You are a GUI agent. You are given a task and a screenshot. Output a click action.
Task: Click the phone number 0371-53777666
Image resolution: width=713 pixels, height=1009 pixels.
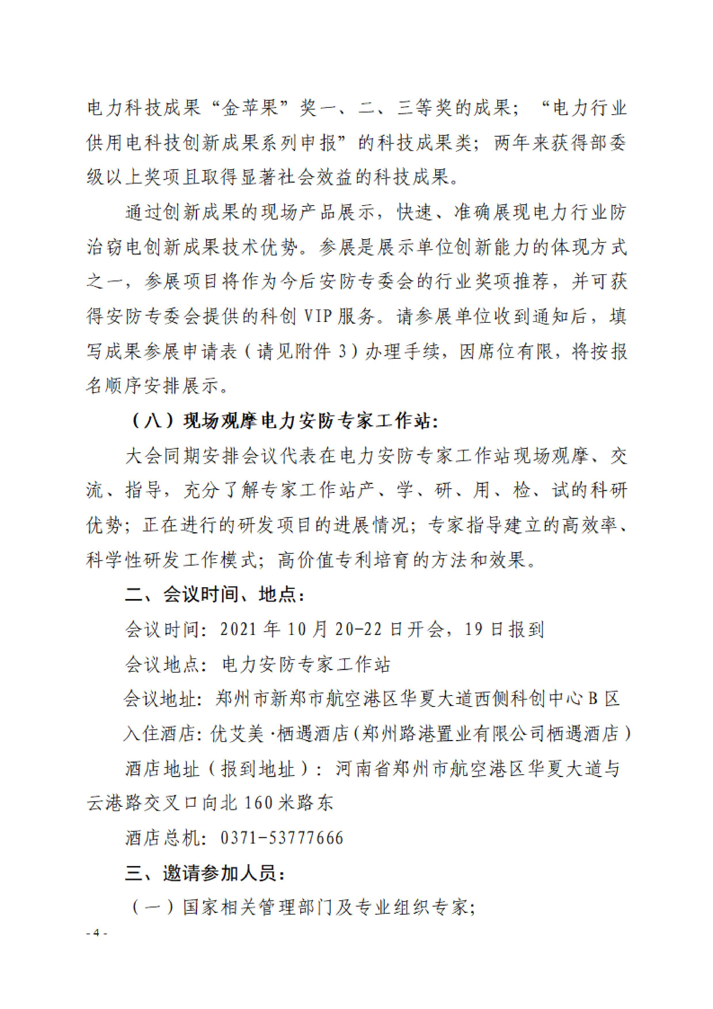click(282, 838)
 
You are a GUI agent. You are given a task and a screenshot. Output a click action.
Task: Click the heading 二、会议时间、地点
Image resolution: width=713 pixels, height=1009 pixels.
click(214, 595)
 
